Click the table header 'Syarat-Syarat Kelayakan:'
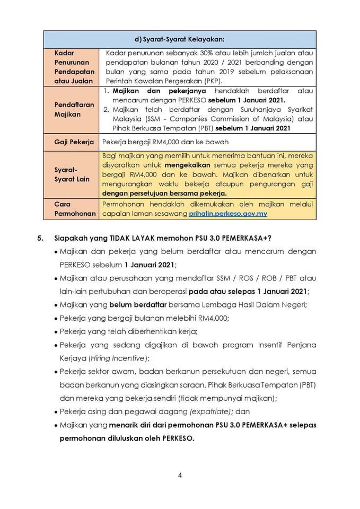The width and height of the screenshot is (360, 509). [x=180, y=39]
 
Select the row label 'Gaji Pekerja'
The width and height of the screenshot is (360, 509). [x=74, y=142]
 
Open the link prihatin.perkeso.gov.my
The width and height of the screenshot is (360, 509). [x=228, y=214]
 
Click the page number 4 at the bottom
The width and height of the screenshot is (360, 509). [x=180, y=475]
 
